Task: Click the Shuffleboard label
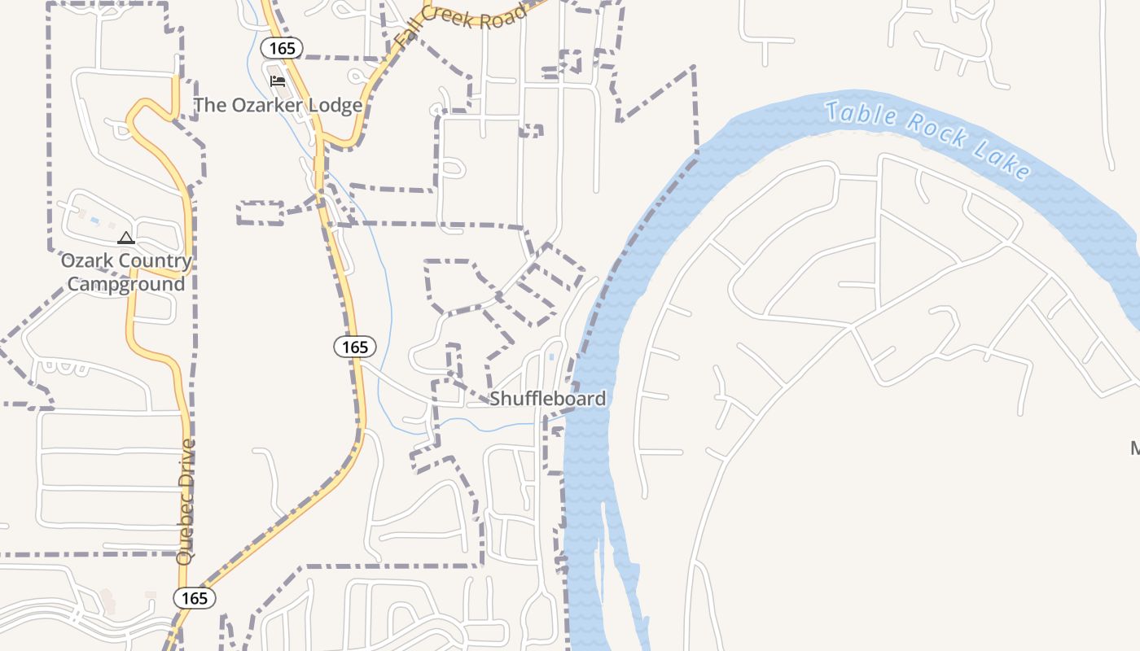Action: [x=547, y=399]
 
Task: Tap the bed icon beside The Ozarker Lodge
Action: [x=278, y=81]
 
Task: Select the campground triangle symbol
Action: [x=125, y=238]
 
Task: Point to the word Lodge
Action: [x=335, y=106]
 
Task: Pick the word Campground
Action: [x=126, y=284]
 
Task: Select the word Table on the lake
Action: [x=860, y=115]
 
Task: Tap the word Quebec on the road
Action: [x=186, y=535]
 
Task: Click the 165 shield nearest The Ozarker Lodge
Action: [x=282, y=48]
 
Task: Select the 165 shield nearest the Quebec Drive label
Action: [x=195, y=598]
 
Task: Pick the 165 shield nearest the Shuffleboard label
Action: [x=355, y=347]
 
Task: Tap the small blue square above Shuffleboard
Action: [x=552, y=356]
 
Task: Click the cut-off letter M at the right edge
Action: [x=1135, y=448]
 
